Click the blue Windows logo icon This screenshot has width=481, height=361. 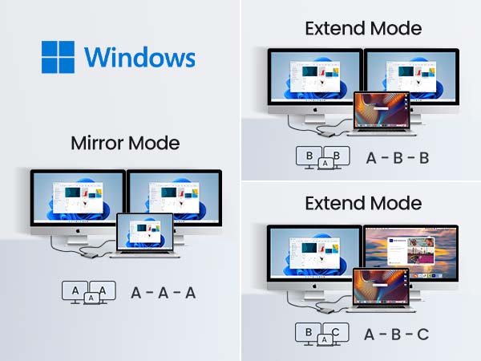pyautogui.click(x=59, y=58)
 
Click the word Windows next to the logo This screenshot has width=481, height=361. pyautogui.click(x=139, y=58)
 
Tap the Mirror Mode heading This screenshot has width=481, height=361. pyautogui.click(x=125, y=144)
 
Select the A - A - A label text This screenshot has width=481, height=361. pyautogui.click(x=163, y=292)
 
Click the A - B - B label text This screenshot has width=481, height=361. pyautogui.click(x=397, y=157)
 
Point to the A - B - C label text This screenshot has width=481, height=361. pyautogui.click(x=397, y=334)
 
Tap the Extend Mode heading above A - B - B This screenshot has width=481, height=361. pyautogui.click(x=362, y=29)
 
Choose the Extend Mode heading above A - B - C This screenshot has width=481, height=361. pyautogui.click(x=362, y=203)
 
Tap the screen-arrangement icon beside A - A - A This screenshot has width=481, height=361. pyautogui.click(x=89, y=292)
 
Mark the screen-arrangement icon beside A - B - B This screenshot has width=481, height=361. pyautogui.click(x=324, y=157)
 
